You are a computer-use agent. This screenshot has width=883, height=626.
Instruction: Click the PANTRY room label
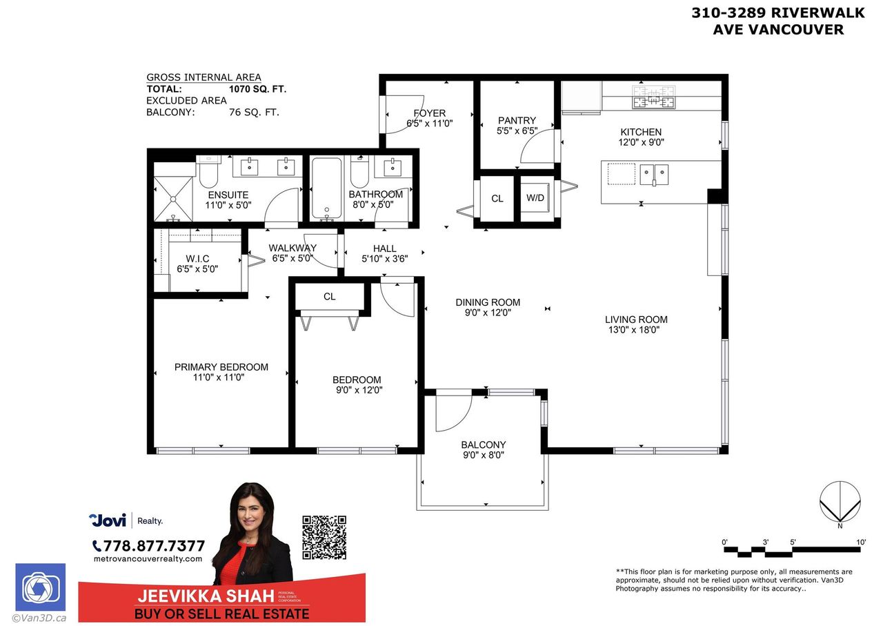tap(517, 121)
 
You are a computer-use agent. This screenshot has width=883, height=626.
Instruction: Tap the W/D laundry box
tap(535, 199)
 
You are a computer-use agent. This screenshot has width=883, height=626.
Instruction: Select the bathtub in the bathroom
tap(326, 188)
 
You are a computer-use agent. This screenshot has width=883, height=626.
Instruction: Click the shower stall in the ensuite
tap(172, 197)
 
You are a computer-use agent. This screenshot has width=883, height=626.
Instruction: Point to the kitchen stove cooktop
tap(654, 97)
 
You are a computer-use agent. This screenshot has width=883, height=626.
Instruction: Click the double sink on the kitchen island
tap(654, 174)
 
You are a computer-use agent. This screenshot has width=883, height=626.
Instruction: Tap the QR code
tap(324, 538)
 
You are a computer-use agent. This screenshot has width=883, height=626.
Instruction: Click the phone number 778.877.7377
tap(148, 546)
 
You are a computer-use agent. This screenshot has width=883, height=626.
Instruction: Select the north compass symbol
tap(840, 502)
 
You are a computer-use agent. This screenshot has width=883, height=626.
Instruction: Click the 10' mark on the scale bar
tap(860, 542)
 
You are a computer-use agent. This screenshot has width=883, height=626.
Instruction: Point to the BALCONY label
tap(484, 445)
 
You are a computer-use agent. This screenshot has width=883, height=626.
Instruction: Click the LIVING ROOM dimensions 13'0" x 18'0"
tap(636, 330)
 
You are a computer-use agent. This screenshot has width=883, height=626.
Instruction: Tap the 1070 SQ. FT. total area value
tap(257, 89)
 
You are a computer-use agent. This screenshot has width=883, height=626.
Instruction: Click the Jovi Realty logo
tap(126, 520)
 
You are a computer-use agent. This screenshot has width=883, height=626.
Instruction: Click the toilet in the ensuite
tap(208, 174)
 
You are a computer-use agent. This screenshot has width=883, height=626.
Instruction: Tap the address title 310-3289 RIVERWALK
tap(768, 12)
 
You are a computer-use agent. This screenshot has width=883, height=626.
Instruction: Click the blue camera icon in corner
tap(40, 587)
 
